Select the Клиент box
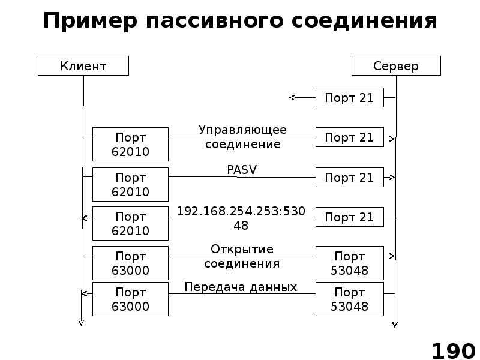83,66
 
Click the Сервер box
396,66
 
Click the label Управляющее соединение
242,137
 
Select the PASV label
242,170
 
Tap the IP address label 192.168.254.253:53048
241,218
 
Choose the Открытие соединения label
242,256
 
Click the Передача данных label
241,287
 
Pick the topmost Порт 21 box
349,98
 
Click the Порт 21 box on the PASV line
349,178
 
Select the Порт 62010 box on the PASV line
131,185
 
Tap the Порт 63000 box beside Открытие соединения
131,263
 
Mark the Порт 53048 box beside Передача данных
349,299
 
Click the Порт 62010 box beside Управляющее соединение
131,145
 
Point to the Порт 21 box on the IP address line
349,217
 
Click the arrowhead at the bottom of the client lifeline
81,323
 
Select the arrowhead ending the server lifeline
395,325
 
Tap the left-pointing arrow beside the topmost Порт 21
293,97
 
